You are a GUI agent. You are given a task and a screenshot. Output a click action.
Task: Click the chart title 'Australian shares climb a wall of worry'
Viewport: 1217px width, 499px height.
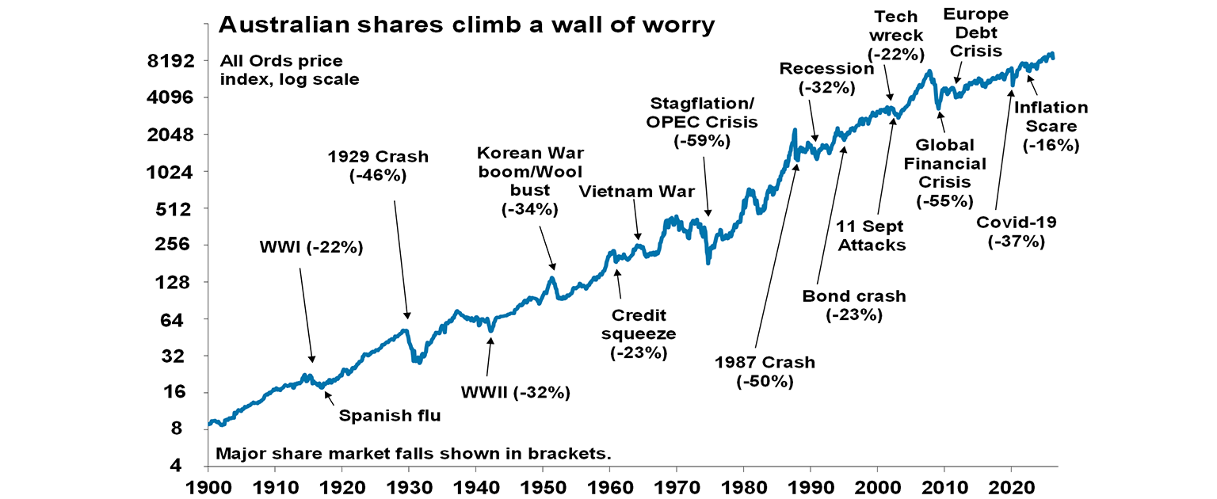click(x=467, y=25)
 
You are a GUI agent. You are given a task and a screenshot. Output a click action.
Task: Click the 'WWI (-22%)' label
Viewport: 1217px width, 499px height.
click(x=311, y=247)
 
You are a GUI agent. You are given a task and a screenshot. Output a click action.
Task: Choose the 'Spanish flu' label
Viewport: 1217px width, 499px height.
click(x=389, y=415)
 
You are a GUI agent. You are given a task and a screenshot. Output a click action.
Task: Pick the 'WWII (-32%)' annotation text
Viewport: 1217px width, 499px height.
click(x=516, y=391)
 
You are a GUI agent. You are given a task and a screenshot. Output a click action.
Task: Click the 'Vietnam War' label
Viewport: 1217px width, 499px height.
click(x=636, y=192)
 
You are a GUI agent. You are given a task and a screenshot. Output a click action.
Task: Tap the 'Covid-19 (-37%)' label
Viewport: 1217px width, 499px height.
click(x=1016, y=232)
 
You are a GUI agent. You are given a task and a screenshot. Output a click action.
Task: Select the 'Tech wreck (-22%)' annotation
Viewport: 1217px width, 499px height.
click(x=896, y=36)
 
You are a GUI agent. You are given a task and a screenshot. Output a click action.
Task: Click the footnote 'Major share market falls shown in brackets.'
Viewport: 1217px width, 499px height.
click(x=414, y=455)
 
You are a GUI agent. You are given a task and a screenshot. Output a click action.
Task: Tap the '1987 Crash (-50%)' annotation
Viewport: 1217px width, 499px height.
click(x=765, y=371)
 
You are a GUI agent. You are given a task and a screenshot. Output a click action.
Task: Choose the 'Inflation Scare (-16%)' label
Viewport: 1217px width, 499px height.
click(x=1051, y=126)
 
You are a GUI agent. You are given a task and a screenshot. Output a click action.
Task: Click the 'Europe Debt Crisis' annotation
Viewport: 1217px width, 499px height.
click(x=974, y=32)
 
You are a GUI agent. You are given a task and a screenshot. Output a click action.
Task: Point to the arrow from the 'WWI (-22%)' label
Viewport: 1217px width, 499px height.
click(x=307, y=315)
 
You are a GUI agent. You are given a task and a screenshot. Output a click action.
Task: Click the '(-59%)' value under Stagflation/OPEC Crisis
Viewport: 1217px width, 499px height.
click(x=703, y=141)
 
